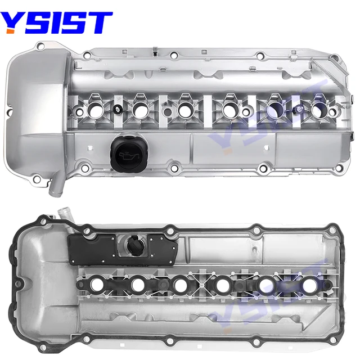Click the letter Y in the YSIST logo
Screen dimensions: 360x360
(x=13, y=22)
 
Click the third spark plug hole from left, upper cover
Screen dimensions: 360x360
(x=183, y=110)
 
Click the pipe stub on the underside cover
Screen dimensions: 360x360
(x=64, y=215)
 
